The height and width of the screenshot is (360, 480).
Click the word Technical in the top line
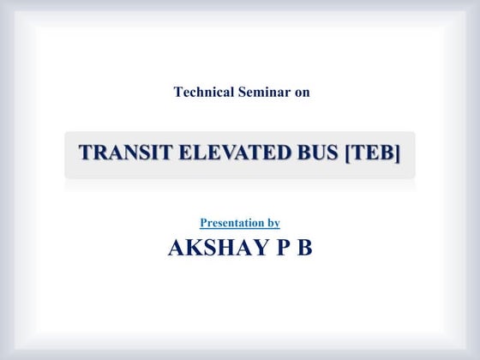point(202,92)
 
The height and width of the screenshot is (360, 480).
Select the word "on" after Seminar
point(302,92)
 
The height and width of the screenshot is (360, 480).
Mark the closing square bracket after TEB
point(398,154)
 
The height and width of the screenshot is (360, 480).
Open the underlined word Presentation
point(231,223)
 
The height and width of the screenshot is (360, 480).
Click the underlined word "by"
point(273,223)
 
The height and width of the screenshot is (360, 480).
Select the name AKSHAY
point(211,249)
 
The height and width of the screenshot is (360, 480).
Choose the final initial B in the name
point(303,249)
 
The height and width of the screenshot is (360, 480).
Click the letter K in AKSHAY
point(194,249)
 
